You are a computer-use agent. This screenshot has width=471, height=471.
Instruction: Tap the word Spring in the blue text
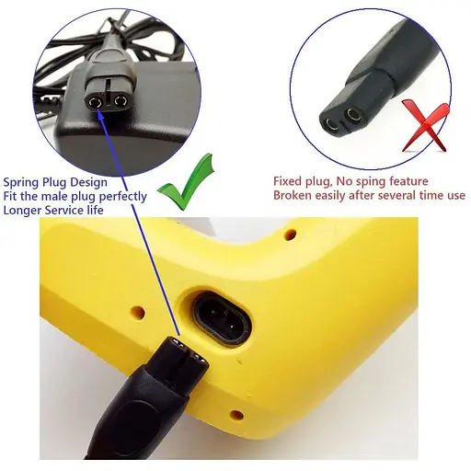pyautogui.click(x=21, y=183)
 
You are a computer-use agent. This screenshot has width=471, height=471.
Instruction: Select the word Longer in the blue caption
pyautogui.click(x=22, y=211)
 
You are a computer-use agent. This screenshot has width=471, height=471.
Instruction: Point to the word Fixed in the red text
pyautogui.click(x=288, y=181)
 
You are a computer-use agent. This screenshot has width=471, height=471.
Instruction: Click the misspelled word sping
pyautogui.click(x=371, y=182)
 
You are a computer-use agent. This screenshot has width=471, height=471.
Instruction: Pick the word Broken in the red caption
pyautogui.click(x=293, y=195)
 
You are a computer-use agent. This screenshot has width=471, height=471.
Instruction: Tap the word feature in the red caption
pyautogui.click(x=408, y=181)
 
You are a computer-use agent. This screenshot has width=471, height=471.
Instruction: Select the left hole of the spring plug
pyautogui.click(x=94, y=102)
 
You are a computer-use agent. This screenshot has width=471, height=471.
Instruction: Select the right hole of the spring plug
pyautogui.click(x=121, y=101)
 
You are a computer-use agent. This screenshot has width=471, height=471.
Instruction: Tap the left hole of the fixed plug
pyautogui.click(x=331, y=125)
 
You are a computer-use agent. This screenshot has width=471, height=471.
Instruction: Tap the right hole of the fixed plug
pyautogui.click(x=352, y=115)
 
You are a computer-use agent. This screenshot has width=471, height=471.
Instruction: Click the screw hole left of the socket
pyautogui.click(x=138, y=313)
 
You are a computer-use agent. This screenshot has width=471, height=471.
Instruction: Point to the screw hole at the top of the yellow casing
pyautogui.click(x=290, y=235)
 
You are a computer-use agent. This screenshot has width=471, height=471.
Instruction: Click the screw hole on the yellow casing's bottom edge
pyautogui.click(x=236, y=415)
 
